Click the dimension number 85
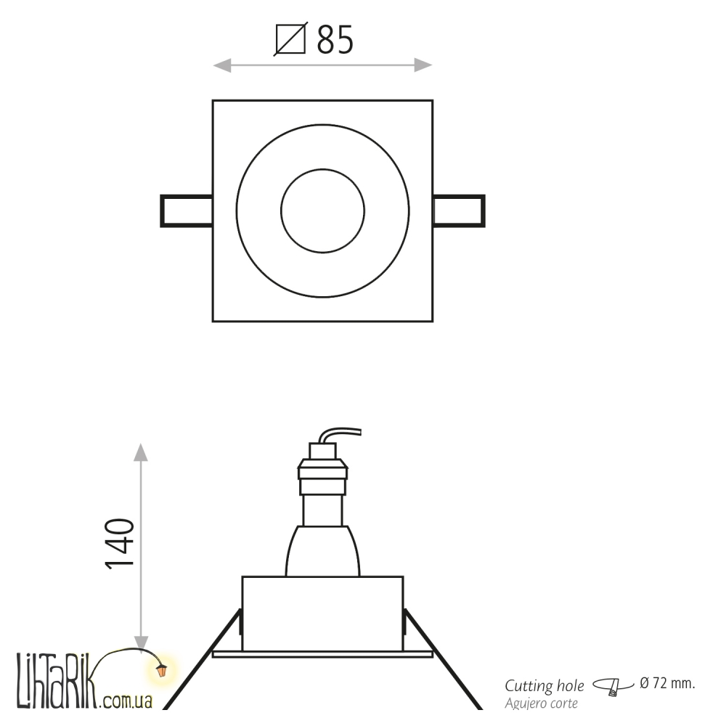tap(335, 40)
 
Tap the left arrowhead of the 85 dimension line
tap(221, 65)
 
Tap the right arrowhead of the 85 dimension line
tap(423, 65)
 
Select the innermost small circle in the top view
tap(323, 169)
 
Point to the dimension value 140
tap(120, 543)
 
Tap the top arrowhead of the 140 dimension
tap(141, 452)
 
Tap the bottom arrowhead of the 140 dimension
tap(141, 643)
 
